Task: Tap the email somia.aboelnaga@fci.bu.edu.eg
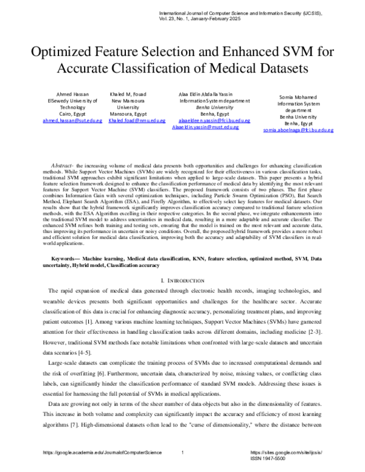pos(298,130)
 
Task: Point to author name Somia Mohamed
pos(298,97)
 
